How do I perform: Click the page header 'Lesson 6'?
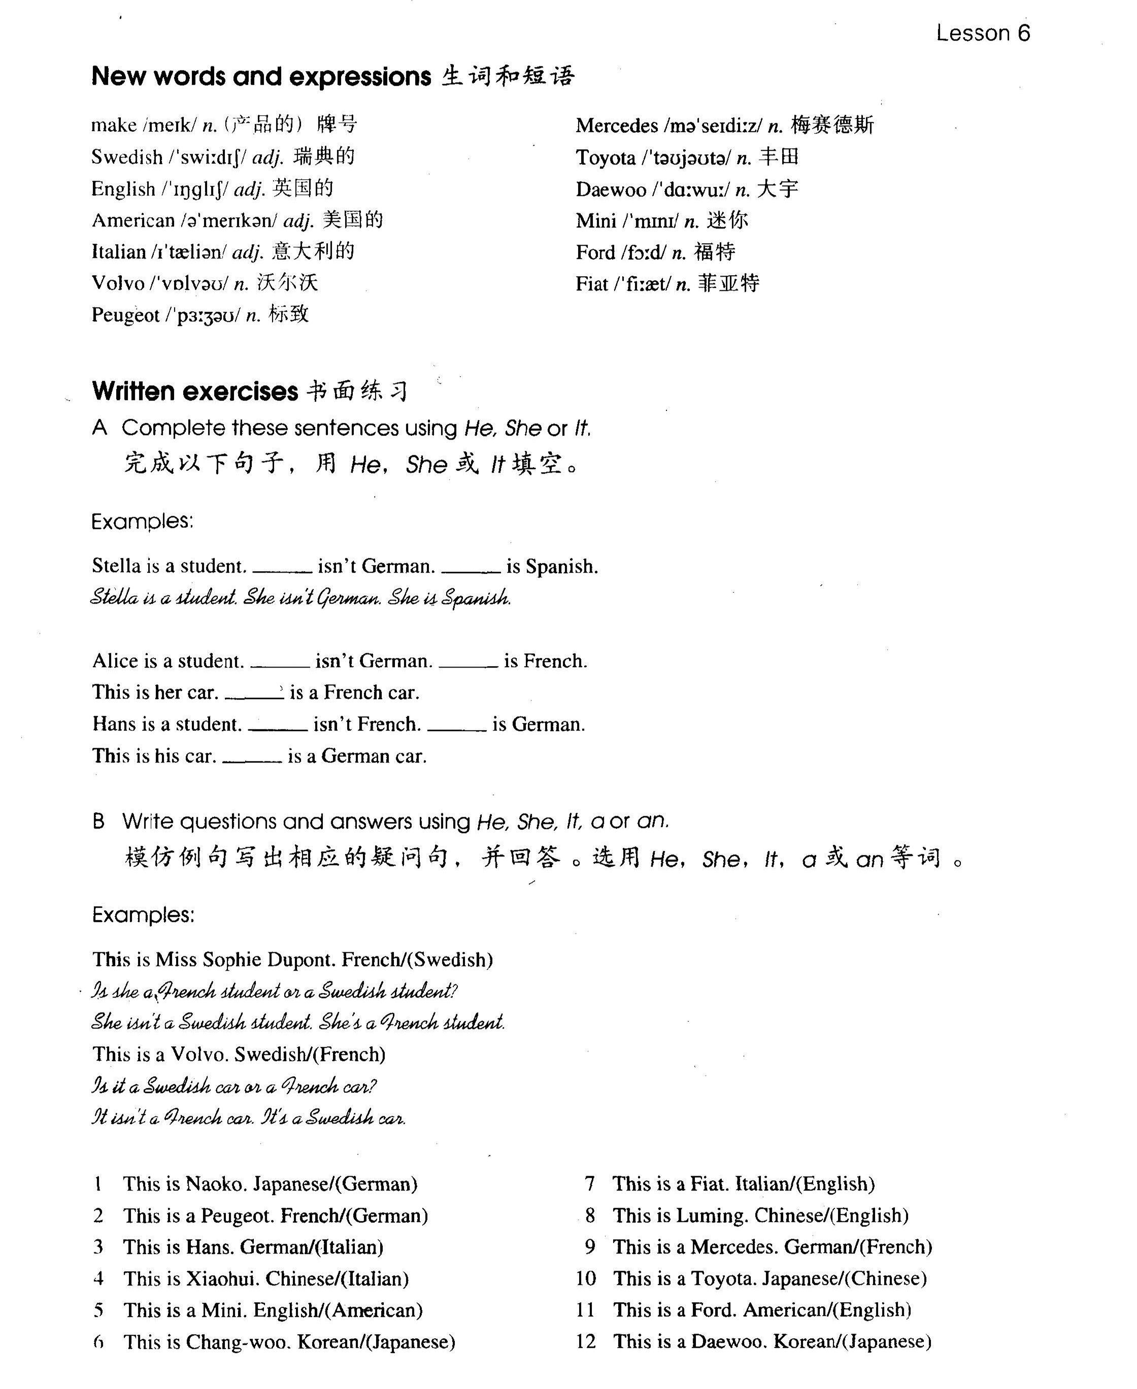[x=982, y=32]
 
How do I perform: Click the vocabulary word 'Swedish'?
[x=127, y=157]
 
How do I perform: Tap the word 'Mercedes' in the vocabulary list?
[x=616, y=126]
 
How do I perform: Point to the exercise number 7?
[x=589, y=1184]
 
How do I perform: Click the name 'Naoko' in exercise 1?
[x=216, y=1184]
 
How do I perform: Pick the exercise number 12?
[x=586, y=1341]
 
